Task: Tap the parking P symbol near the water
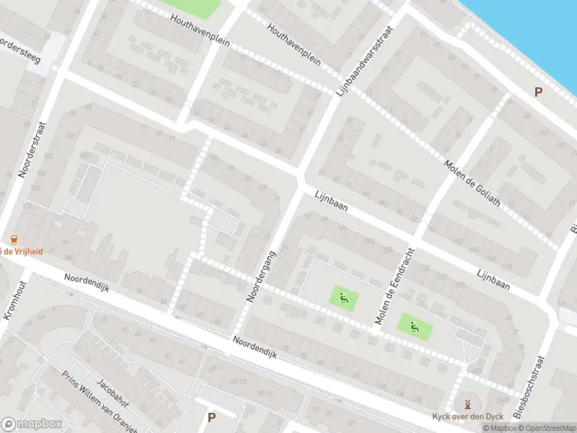(537, 92)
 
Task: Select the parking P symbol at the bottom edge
(211, 417)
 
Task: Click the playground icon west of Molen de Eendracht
(343, 296)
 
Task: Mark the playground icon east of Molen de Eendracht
(414, 327)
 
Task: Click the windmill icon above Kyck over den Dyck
(467, 403)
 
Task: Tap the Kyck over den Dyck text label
(467, 417)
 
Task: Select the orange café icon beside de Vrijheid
(14, 240)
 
